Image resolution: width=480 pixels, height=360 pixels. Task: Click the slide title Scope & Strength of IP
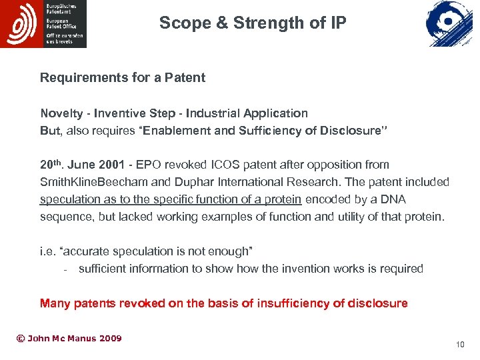pos(253,23)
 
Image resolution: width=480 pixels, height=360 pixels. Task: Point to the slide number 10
pos(459,345)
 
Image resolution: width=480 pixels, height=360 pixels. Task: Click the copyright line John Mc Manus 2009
pos(69,339)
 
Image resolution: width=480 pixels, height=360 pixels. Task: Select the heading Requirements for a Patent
pos(123,77)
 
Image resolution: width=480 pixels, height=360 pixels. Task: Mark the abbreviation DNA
pos(393,199)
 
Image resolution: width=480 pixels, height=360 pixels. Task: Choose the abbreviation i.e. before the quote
pos(47,251)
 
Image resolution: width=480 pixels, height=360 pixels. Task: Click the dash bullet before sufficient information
pos(65,269)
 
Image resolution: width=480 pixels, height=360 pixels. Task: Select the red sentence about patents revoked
pos(223,303)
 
